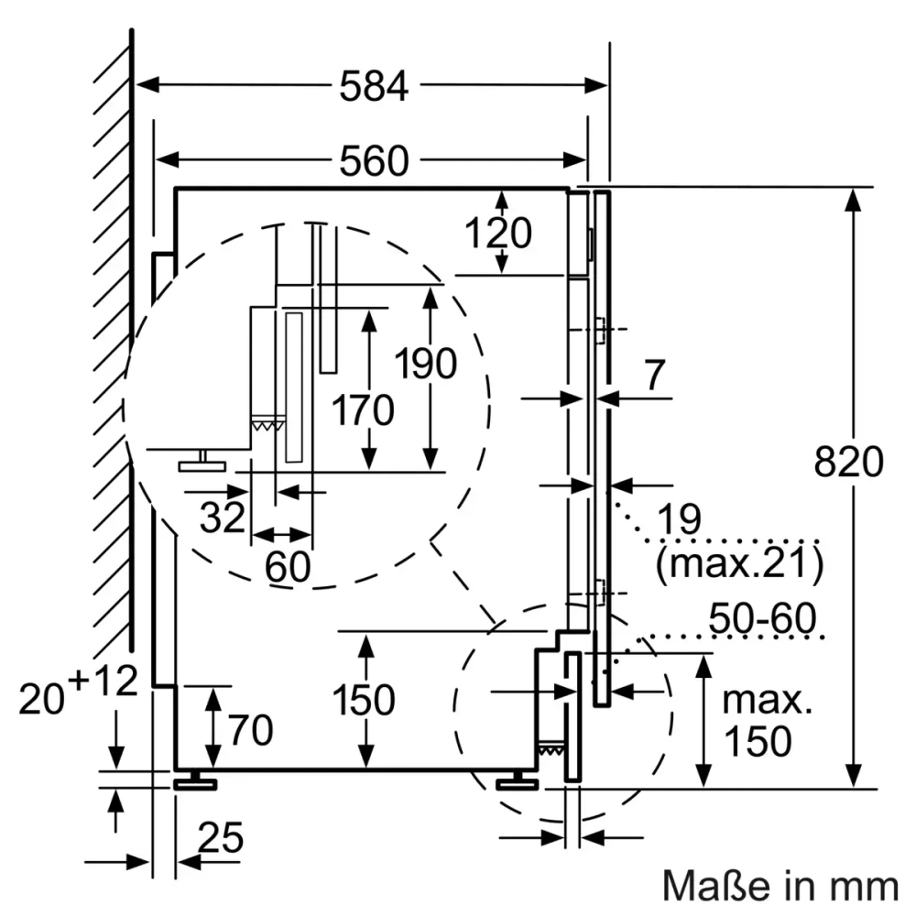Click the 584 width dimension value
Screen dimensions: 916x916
tap(373, 87)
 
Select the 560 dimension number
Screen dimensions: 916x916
tap(373, 162)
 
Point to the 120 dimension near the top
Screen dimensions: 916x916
tap(498, 234)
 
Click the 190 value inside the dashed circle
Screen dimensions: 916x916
tap(425, 365)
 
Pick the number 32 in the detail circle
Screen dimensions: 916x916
tap(223, 518)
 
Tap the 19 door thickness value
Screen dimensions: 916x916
tap(678, 519)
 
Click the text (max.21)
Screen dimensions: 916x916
tap(738, 564)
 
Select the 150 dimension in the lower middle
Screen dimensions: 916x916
tap(364, 701)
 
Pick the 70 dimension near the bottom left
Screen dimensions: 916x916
tap(250, 731)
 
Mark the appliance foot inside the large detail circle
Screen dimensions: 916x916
tap(202, 463)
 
